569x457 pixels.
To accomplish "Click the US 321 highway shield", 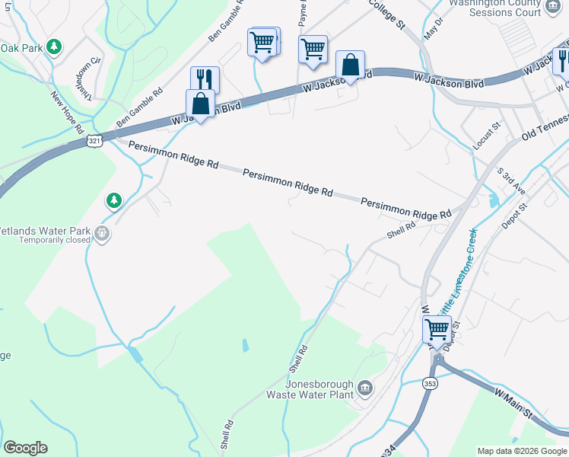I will click(94, 142).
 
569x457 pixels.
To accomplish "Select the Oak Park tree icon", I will click(53, 47).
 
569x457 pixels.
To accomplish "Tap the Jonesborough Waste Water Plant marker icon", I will click(365, 389).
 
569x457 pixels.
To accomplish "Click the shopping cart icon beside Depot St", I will click(437, 330).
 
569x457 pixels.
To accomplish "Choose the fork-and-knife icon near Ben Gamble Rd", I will click(205, 79).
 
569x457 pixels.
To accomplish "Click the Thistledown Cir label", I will click(84, 77).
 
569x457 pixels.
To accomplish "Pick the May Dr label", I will click(434, 30).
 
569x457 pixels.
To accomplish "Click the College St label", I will click(384, 13).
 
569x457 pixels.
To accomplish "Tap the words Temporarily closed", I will click(46, 239).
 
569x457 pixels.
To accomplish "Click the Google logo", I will click(25, 448).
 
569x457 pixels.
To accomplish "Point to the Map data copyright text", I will click(521, 451).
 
